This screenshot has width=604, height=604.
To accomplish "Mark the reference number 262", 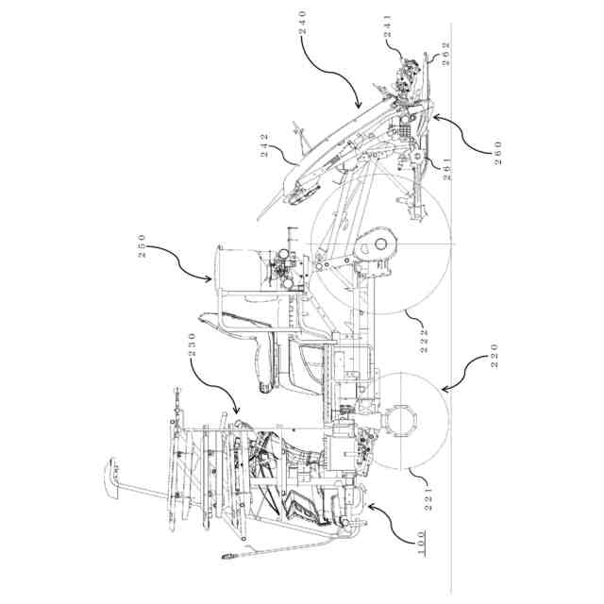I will coord(445,53).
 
